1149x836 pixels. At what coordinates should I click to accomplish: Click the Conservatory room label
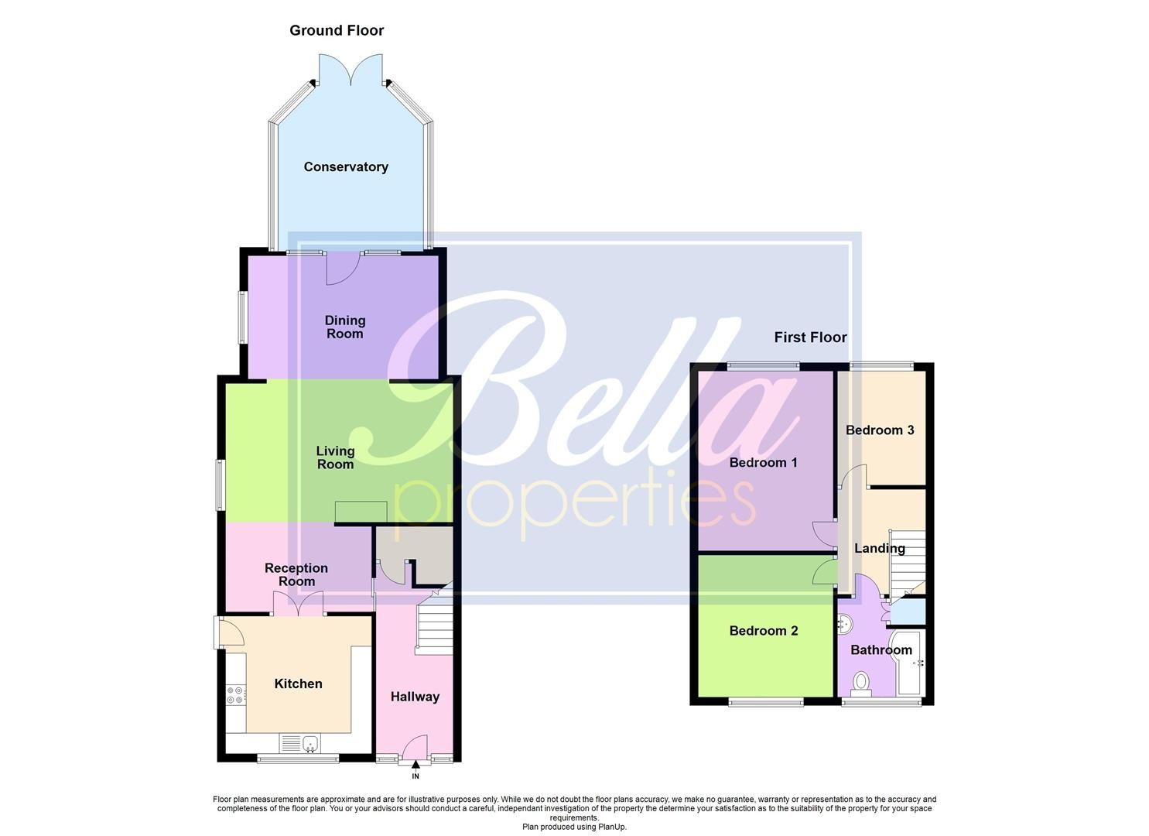point(346,167)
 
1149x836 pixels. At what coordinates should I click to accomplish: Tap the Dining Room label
point(345,327)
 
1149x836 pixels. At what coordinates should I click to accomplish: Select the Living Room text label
point(335,457)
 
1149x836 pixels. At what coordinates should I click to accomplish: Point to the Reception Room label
point(296,574)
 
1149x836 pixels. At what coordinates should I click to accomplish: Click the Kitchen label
point(298,684)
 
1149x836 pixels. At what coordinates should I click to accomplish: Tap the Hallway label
point(415,697)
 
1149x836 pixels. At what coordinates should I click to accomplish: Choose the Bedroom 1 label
point(763,463)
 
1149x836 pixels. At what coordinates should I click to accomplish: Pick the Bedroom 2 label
point(763,631)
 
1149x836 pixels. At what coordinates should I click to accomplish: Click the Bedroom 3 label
point(880,430)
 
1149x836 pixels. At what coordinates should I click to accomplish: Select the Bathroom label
point(881,650)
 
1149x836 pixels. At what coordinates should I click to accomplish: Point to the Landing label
point(880,549)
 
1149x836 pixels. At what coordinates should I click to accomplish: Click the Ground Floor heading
point(337,31)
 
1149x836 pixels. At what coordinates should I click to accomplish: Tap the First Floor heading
point(810,337)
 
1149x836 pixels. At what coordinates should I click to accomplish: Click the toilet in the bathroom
point(860,682)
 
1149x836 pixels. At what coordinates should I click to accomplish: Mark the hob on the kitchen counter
point(235,695)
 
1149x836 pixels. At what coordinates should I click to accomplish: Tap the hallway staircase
point(433,627)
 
